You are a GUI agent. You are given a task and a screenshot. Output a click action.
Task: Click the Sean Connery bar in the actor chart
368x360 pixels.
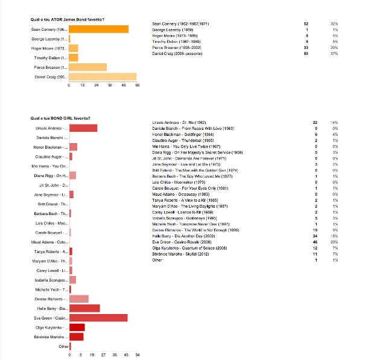pos(99,29)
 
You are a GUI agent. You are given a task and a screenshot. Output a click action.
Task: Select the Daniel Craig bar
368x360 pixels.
pos(103,77)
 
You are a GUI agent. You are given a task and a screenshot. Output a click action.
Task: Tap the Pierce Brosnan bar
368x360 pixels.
pos(88,67)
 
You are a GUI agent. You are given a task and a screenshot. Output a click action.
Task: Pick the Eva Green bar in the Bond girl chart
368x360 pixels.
pos(98,318)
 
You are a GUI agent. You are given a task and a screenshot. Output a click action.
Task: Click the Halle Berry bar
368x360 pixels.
pos(84,308)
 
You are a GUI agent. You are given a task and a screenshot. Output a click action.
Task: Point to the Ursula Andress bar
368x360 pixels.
pos(83,128)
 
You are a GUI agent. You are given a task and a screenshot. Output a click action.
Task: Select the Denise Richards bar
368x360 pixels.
pos(79,298)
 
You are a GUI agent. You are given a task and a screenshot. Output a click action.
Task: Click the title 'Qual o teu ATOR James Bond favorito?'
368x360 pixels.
pos(67,20)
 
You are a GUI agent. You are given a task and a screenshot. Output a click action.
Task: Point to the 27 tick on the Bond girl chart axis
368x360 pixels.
pos(104,355)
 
